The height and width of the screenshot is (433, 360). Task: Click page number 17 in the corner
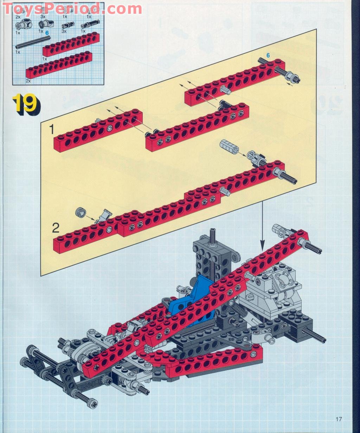(339, 419)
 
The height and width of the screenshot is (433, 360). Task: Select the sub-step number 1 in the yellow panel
(51, 130)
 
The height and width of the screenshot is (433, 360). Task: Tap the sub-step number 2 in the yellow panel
(56, 228)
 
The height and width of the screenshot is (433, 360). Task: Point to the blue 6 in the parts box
(46, 32)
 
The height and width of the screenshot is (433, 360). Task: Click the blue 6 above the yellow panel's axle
(268, 55)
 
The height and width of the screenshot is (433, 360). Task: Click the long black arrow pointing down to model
(262, 225)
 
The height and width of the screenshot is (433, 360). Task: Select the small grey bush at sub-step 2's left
(80, 212)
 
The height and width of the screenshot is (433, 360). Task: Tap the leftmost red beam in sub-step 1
(98, 130)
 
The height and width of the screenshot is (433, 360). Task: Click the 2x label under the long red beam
(28, 81)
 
